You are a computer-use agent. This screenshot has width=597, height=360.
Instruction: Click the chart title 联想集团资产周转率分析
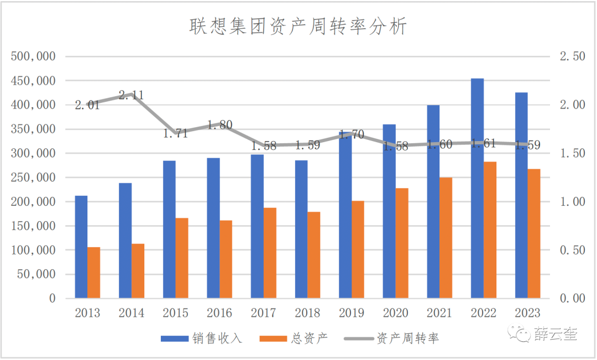pos(298,26)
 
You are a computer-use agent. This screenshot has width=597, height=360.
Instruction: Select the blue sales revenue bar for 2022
pos(477,188)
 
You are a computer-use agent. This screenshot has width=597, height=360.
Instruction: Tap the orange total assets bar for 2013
pos(94,273)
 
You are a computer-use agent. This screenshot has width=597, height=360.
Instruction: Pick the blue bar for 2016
pos(213,228)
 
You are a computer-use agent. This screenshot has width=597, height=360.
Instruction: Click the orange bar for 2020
pos(402,243)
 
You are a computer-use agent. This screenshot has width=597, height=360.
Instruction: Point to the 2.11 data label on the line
pos(132,95)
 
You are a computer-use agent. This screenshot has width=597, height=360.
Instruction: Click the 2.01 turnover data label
pos(87,105)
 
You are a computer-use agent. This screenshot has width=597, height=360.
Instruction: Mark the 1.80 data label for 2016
pos(219,125)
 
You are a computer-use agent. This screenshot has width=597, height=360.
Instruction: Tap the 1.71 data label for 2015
pos(176,133)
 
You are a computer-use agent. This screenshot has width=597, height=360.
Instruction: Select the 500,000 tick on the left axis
pos(34,56)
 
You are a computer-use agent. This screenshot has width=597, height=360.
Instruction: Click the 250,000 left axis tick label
pos(34,178)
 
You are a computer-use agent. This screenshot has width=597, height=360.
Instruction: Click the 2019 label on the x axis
pos(351,313)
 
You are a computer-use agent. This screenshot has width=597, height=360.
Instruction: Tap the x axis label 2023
pos(527,313)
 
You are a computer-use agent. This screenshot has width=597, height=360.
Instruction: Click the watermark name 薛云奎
pos(556,334)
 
